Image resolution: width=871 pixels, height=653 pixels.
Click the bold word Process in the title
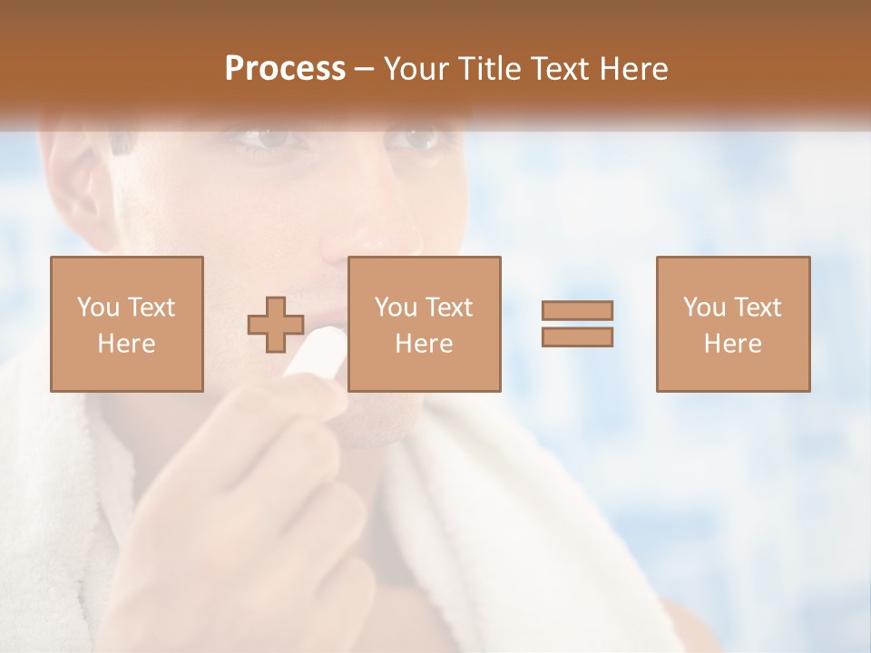pyautogui.click(x=285, y=69)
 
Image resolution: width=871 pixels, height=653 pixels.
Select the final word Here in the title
pyautogui.click(x=634, y=69)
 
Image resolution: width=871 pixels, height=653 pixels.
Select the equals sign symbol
pyautogui.click(x=577, y=324)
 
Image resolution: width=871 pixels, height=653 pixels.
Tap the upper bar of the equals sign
pyautogui.click(x=577, y=310)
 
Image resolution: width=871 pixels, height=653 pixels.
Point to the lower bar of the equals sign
pyautogui.click(x=577, y=337)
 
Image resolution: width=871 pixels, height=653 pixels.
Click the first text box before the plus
pyautogui.click(x=126, y=324)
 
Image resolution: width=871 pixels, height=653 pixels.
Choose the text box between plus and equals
pyautogui.click(x=424, y=324)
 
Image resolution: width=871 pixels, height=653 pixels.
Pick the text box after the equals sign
pyautogui.click(x=732, y=324)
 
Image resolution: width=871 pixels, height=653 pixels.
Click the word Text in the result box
pyautogui.click(x=758, y=307)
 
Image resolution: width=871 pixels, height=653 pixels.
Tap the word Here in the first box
pyautogui.click(x=126, y=344)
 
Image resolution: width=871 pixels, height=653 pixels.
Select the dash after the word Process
pyautogui.click(x=364, y=71)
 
